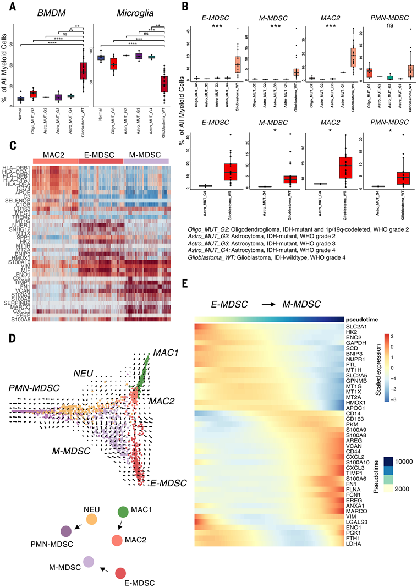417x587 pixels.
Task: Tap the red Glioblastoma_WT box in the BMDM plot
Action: point(83,71)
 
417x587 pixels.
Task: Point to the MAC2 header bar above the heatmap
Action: point(56,158)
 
